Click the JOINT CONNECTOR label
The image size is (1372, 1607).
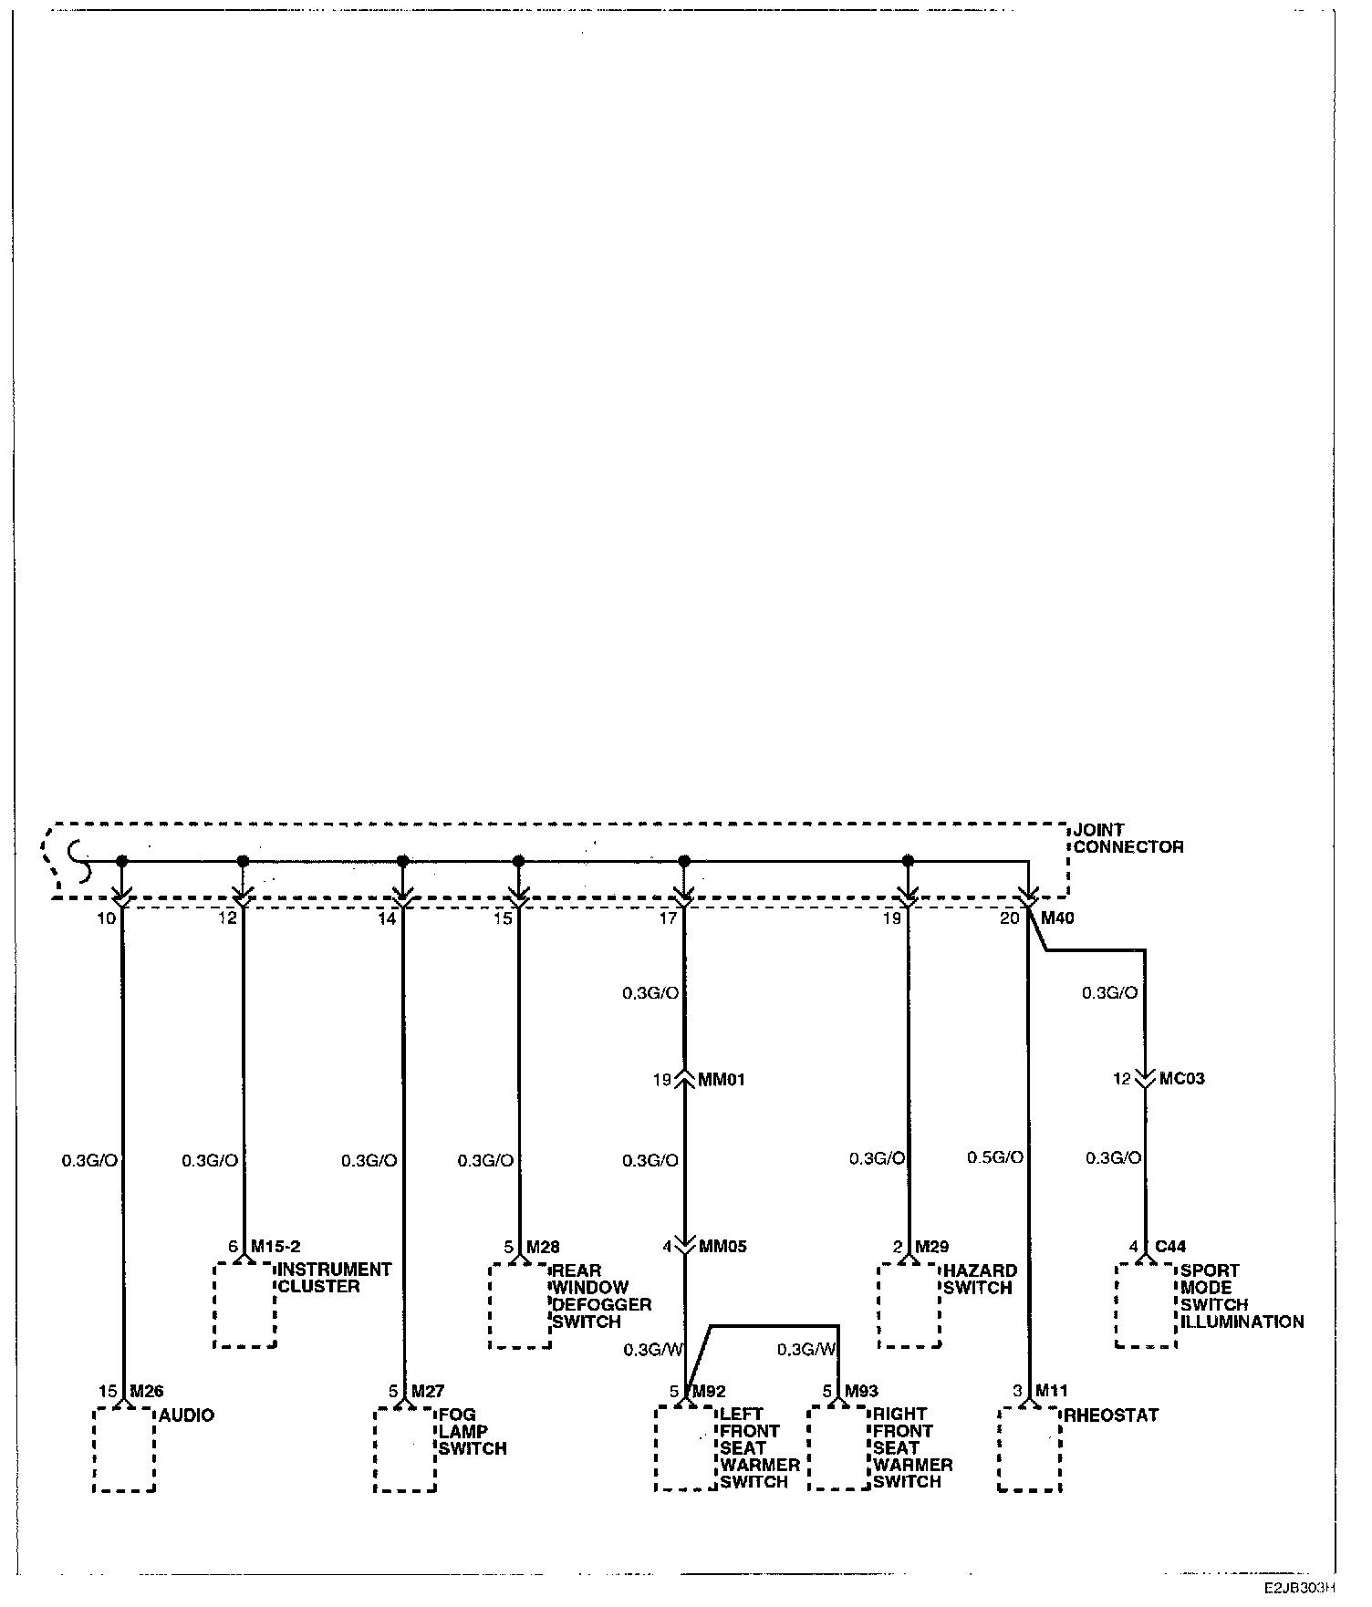tap(1128, 838)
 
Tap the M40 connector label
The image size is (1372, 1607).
tap(1057, 918)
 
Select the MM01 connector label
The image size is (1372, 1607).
tap(722, 1080)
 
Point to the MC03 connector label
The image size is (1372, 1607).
tap(1181, 1079)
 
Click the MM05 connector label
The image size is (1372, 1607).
tap(722, 1246)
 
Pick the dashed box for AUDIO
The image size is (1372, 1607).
tap(124, 1450)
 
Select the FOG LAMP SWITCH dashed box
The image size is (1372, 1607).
tap(405, 1450)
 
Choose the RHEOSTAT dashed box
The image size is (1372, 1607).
tap(1030, 1450)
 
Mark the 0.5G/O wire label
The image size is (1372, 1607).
tap(994, 1157)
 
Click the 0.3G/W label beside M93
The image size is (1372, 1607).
tap(806, 1349)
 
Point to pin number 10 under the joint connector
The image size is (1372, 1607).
tap(107, 918)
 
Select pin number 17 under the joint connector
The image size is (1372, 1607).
tap(668, 918)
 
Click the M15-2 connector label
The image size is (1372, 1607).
tap(275, 1246)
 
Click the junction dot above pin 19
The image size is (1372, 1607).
tap(907, 860)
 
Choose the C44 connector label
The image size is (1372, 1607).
tap(1170, 1246)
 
